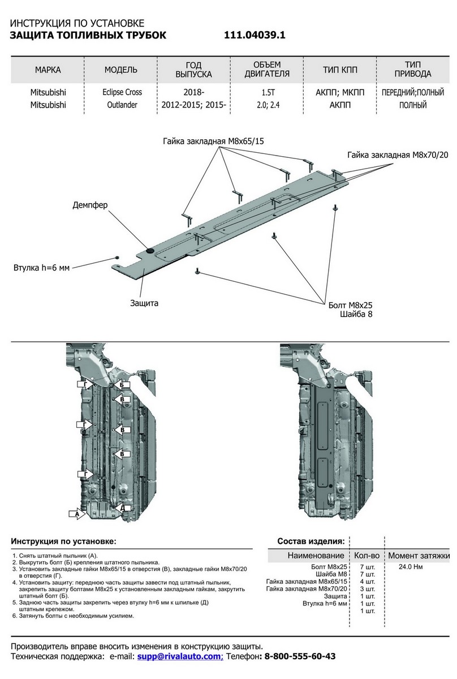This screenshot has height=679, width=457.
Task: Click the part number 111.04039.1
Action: tap(255, 35)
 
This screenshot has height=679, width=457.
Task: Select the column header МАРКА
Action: tap(48, 70)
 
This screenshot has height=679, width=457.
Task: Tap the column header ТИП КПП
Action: tap(340, 70)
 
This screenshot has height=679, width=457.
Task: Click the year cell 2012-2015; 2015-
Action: tap(194, 105)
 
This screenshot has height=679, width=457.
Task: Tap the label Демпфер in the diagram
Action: tap(89, 205)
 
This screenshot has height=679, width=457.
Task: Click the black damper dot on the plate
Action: tap(150, 250)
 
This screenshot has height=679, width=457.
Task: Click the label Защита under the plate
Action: tap(144, 303)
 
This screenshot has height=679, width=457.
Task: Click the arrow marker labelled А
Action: tap(75, 514)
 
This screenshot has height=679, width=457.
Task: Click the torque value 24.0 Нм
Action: tap(411, 566)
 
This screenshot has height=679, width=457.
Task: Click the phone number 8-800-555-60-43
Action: tap(300, 656)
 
